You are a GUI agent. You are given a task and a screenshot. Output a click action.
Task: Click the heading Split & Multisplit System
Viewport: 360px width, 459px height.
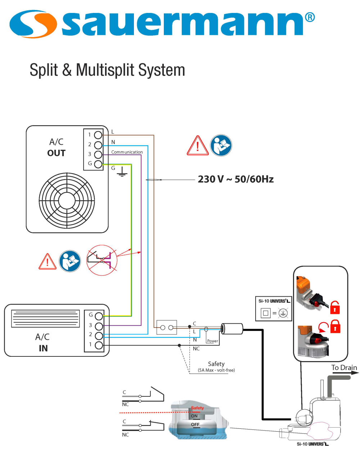107,70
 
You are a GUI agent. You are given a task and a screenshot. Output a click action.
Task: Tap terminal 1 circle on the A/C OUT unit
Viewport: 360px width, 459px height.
98,135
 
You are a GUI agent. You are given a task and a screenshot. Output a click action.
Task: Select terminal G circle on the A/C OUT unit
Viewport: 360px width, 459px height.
98,164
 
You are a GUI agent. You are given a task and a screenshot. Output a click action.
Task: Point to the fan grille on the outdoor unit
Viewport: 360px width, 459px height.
67,201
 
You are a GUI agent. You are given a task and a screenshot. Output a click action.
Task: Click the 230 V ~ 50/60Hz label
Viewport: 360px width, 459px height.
235,179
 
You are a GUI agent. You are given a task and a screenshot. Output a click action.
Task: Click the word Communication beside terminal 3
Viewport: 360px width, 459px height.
127,152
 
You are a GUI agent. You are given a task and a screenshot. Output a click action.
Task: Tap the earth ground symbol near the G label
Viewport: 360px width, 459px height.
122,173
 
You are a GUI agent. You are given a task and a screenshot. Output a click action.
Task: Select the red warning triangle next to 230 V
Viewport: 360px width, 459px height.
197,146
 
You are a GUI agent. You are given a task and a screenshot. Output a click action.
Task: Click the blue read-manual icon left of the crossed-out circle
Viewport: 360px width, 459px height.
70,261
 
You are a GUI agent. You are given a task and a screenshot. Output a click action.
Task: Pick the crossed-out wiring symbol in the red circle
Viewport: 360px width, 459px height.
102,260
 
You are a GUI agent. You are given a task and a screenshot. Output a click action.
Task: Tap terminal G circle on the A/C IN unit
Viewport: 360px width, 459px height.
99,316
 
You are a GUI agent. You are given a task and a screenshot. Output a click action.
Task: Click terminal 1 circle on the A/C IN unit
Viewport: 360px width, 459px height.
99,345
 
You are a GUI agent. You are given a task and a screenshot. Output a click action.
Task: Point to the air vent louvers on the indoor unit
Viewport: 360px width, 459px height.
45,319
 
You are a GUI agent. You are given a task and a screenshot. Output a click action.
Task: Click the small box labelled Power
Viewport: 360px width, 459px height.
212,341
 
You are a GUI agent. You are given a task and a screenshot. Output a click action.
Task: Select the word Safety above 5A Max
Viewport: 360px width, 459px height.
216,364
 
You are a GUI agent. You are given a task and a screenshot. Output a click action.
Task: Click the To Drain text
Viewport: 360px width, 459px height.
344,368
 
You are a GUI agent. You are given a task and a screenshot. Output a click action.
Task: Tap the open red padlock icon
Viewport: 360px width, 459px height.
335,307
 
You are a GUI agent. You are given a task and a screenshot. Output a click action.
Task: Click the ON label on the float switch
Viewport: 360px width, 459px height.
194,416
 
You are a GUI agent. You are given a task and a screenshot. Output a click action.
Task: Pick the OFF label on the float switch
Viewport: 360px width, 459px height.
195,425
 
